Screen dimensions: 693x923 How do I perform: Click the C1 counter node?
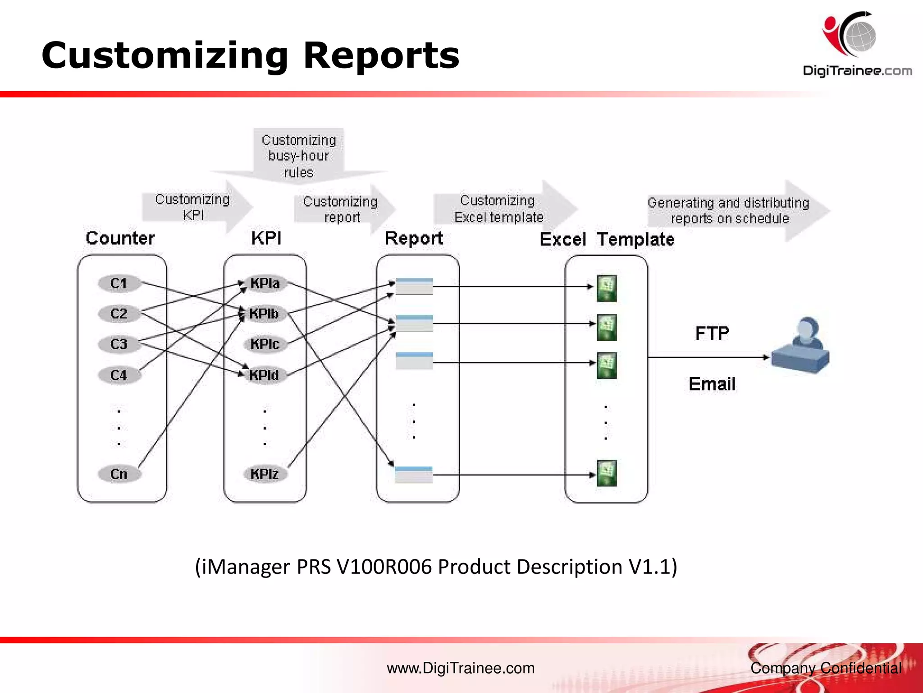click(x=119, y=283)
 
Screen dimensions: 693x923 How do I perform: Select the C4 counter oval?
click(x=119, y=375)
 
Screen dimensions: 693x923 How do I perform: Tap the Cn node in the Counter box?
click(x=119, y=474)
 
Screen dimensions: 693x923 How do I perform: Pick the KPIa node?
click(x=265, y=283)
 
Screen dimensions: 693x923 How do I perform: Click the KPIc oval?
click(x=265, y=344)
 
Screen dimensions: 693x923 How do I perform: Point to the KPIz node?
click(x=265, y=474)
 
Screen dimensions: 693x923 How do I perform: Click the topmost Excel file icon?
click(x=607, y=288)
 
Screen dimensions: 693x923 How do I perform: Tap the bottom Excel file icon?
click(x=607, y=473)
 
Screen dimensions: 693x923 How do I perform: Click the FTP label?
click(x=712, y=333)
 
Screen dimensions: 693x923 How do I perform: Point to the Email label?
click(x=712, y=384)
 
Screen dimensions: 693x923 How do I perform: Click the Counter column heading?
click(x=120, y=238)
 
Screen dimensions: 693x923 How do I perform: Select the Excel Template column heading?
click(x=607, y=239)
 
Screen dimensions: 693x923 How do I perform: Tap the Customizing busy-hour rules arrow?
click(x=299, y=156)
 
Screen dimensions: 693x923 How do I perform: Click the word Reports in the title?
click(x=381, y=55)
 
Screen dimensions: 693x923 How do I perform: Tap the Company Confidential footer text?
click(x=826, y=668)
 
